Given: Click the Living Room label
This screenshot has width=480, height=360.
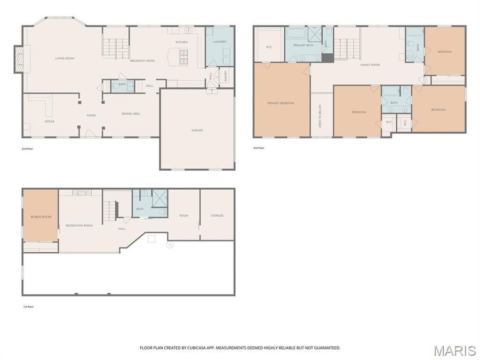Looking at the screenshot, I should pos(65,58).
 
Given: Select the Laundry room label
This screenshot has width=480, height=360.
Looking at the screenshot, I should pos(219,41).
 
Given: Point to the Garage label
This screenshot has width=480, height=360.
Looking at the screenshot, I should pos(197,130).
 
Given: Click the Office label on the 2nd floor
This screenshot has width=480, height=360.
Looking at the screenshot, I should pos(49,122).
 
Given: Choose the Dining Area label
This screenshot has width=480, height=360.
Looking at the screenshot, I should pos(131,114).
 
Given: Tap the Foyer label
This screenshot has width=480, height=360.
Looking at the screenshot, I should pos(91,115).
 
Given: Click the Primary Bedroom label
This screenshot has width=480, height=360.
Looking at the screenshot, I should pos(281,103).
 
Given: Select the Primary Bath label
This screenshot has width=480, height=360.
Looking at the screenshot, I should pos(303,46).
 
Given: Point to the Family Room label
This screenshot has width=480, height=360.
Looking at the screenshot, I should pos(370,65).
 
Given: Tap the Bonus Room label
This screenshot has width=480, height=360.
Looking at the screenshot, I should pos(40,217).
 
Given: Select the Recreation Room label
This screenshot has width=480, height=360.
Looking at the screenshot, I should pos(79,226).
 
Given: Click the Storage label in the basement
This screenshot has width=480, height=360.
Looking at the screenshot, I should pos(217,215).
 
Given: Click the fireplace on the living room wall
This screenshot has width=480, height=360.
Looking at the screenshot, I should pos(19,59).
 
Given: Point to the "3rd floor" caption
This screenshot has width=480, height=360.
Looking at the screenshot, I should pos(259,148).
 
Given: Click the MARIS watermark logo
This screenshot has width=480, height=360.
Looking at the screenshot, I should pos(454,350).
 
